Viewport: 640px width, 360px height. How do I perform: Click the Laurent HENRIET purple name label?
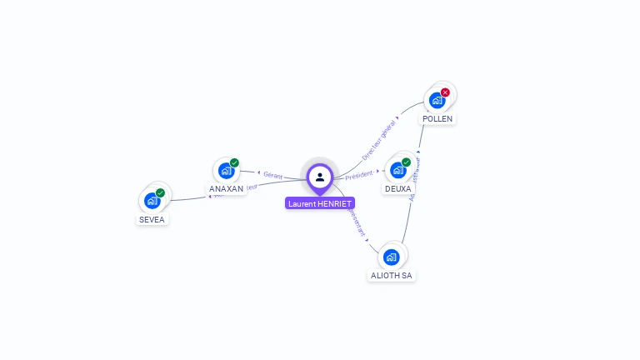click(320, 203)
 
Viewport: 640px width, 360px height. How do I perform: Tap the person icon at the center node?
click(320, 177)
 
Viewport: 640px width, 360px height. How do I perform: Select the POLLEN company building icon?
click(437, 101)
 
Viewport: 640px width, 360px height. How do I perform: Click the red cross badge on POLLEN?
click(445, 92)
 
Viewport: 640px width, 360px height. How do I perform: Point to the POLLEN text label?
click(437, 119)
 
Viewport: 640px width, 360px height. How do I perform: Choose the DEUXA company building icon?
click(397, 170)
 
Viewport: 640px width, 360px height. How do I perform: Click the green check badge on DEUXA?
click(406, 162)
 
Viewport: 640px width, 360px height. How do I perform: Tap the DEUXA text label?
click(398, 189)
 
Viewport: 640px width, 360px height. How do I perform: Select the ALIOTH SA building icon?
click(392, 257)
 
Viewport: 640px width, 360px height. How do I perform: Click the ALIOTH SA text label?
click(392, 276)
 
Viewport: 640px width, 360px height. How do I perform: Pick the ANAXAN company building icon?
click(226, 170)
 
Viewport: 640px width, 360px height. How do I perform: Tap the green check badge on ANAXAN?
click(234, 162)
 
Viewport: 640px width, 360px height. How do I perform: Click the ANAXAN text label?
click(227, 189)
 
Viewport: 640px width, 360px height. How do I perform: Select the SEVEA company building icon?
click(152, 200)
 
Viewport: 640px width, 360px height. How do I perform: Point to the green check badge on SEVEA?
click(160, 192)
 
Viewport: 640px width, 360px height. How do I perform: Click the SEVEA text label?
click(152, 220)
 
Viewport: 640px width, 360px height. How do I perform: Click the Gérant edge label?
click(273, 175)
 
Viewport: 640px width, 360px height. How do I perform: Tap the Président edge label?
click(359, 174)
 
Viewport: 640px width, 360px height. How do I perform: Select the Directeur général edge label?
click(378, 140)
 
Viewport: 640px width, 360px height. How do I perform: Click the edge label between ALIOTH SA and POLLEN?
click(415, 178)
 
